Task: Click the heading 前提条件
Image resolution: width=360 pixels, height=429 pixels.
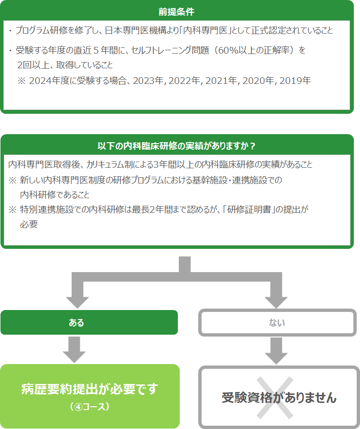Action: click(176, 12)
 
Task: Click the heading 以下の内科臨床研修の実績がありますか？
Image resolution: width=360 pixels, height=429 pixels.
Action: click(176, 146)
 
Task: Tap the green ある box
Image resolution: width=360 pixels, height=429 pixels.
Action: click(89, 322)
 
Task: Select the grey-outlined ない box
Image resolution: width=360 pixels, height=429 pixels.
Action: click(277, 322)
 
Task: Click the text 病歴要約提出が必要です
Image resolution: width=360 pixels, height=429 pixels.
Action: click(90, 389)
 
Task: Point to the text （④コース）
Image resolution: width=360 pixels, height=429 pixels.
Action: click(90, 407)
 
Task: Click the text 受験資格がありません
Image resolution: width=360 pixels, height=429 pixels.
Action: click(279, 398)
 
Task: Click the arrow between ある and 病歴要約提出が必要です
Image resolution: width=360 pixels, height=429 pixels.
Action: click(74, 350)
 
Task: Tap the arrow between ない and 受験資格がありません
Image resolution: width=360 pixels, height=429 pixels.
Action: click(276, 351)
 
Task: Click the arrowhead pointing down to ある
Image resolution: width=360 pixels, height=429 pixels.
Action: click(77, 302)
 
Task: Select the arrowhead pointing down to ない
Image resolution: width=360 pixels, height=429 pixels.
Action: click(276, 302)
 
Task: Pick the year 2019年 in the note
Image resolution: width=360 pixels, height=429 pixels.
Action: click(295, 81)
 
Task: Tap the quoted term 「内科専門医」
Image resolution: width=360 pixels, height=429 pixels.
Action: click(205, 30)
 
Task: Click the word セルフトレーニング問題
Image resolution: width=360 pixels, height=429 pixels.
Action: click(170, 50)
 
